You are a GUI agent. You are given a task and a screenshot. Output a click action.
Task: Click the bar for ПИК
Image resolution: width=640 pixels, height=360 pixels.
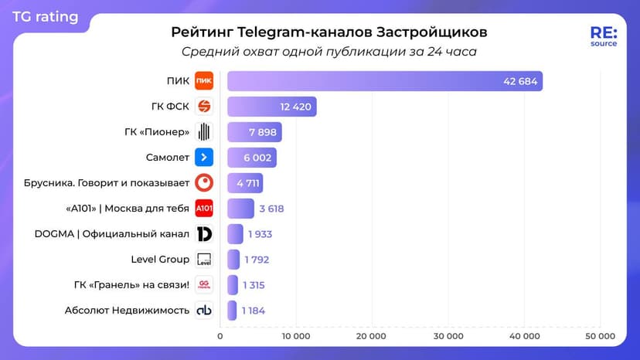(x=384, y=81)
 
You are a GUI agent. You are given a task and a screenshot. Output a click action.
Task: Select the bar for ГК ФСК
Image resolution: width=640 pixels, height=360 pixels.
(x=271, y=107)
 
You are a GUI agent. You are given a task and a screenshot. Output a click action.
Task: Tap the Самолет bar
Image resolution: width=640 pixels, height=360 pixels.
(x=251, y=158)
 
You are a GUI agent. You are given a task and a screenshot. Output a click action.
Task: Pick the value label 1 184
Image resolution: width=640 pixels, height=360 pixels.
(x=253, y=311)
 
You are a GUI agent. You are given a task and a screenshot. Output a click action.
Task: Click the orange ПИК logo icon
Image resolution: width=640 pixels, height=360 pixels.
(x=204, y=81)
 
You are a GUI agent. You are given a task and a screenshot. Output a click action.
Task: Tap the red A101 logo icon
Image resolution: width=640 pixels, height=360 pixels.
(x=204, y=209)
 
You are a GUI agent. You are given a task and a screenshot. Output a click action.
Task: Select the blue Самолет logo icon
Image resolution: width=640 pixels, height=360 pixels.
(x=204, y=158)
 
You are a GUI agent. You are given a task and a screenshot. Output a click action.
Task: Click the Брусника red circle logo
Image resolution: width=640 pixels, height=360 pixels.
(x=204, y=183)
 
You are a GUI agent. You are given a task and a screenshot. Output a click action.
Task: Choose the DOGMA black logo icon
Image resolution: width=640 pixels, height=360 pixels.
(x=204, y=234)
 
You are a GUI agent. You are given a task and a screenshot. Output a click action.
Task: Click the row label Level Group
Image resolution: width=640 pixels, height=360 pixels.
(x=160, y=260)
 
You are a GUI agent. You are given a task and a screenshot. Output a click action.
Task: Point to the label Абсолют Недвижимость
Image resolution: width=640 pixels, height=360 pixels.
(x=128, y=311)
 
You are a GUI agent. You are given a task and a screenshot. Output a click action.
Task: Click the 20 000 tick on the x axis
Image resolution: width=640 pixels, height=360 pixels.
(x=372, y=336)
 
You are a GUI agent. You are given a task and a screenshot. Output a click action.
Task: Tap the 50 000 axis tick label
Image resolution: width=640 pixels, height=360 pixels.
(x=600, y=336)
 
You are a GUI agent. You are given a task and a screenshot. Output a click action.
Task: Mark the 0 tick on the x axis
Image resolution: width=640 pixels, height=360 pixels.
(x=220, y=336)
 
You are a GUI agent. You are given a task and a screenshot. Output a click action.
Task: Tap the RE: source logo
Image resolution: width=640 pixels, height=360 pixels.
(x=603, y=36)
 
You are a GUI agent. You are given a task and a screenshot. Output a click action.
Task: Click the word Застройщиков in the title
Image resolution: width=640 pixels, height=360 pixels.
(x=432, y=32)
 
